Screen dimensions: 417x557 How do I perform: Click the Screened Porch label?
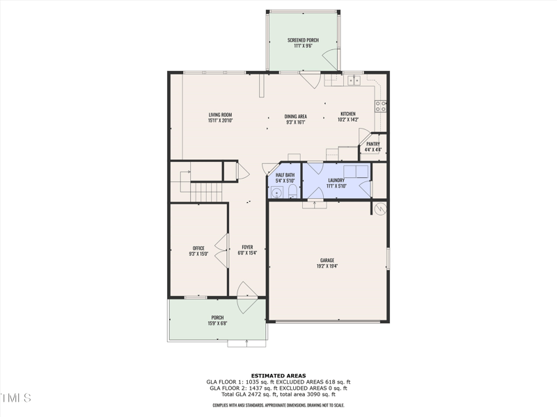303,40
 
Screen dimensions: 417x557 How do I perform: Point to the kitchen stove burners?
381,106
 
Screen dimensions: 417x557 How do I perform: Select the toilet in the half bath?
292,192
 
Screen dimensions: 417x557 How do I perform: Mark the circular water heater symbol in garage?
380,208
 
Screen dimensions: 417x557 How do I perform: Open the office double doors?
222,250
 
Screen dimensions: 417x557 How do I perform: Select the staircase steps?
205,190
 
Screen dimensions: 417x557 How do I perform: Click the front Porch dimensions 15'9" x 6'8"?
218,323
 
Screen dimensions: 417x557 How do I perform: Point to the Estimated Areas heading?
278,375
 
